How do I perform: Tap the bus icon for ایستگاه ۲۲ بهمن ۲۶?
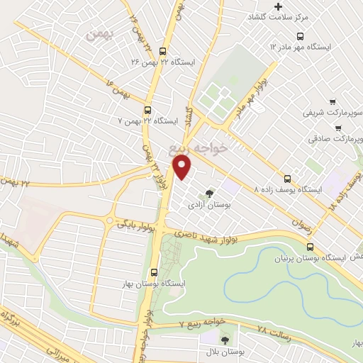(x=164, y=51)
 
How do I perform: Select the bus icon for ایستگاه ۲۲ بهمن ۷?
(x=147, y=110)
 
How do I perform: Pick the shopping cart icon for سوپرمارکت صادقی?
(x=337, y=129)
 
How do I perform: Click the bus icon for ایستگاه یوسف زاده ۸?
(x=288, y=179)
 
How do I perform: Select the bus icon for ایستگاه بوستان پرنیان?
(x=310, y=247)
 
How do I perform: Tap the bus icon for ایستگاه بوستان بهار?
(x=154, y=272)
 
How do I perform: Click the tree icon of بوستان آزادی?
(x=208, y=193)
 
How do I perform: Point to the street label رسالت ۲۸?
(x=254, y=331)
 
